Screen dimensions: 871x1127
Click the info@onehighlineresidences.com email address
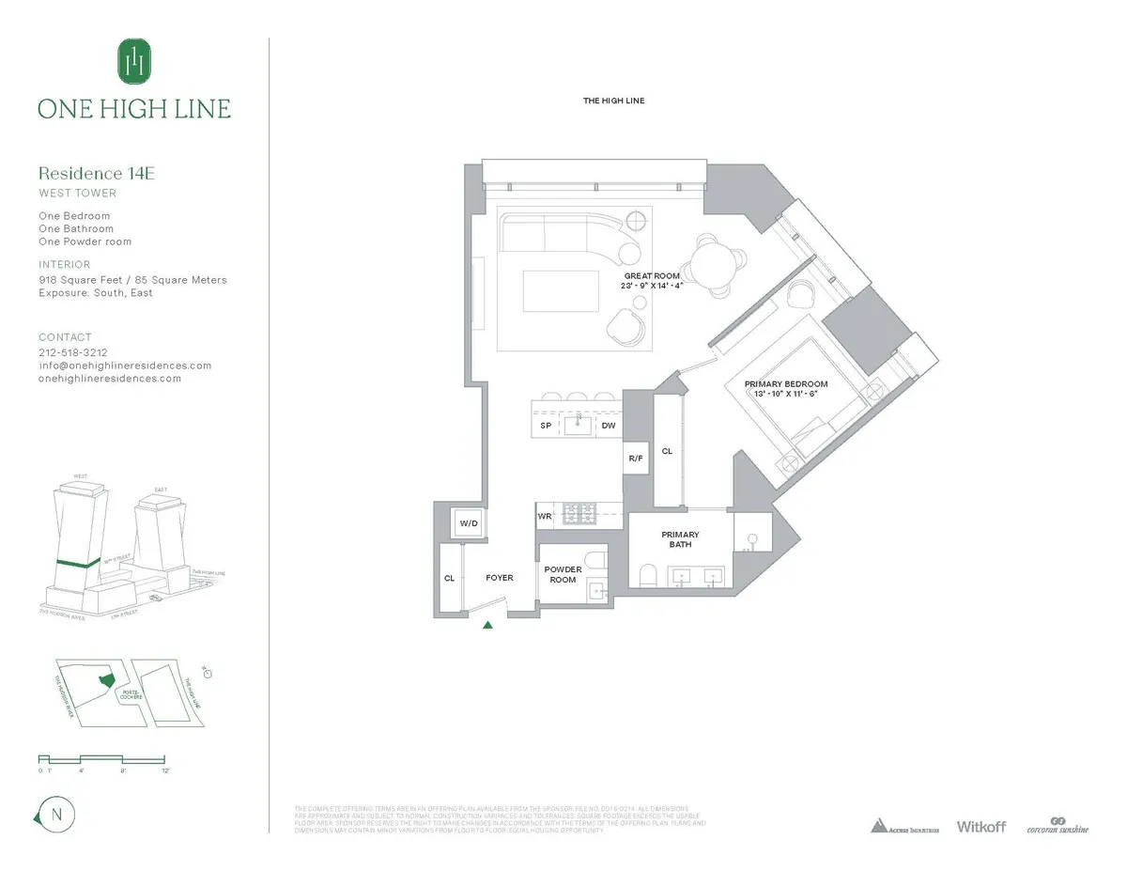pos(125,366)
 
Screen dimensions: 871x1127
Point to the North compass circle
pos(55,815)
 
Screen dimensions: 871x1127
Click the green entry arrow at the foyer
pos(487,626)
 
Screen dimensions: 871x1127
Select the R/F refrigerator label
pos(636,459)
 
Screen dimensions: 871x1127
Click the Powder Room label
pos(563,575)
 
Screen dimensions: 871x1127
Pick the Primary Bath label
pos(680,540)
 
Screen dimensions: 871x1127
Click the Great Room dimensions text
pos(652,287)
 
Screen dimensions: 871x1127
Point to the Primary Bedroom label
pos(786,384)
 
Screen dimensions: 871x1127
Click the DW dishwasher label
pos(609,426)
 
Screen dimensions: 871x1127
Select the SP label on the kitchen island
pos(546,426)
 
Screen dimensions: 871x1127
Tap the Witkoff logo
pos(980,827)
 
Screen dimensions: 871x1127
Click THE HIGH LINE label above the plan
pos(613,101)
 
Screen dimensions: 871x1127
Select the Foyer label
pos(499,578)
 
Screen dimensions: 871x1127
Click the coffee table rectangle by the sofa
pos(562,290)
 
